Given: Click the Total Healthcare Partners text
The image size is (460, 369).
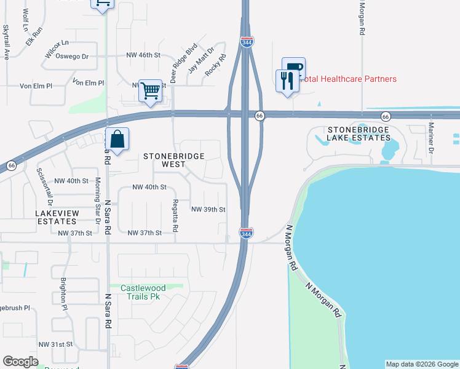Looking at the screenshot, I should [349, 79].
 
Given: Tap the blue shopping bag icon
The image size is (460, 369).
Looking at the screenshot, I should [117, 139].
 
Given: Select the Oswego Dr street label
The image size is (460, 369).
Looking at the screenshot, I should [73, 56].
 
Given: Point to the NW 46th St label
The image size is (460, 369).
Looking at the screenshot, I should [143, 55].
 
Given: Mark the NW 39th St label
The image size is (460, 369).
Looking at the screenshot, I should [208, 209].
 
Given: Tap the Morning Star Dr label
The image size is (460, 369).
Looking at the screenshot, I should [97, 200].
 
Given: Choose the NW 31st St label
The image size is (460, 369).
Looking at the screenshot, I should [55, 344].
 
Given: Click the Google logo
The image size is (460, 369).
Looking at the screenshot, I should [20, 362].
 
